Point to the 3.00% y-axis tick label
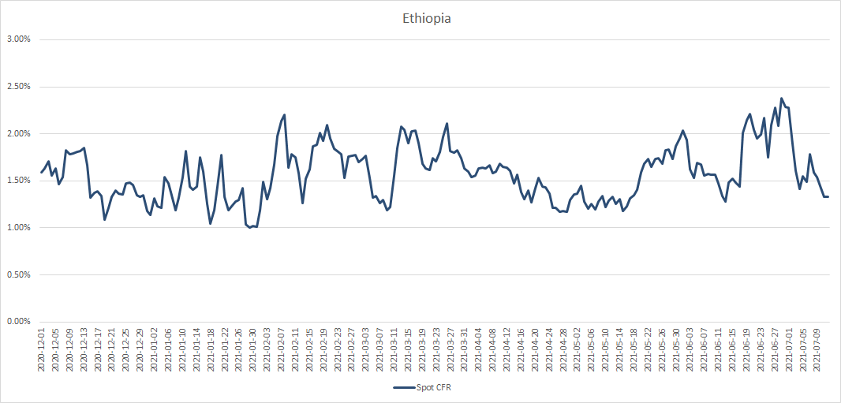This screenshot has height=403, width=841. (x=19, y=39)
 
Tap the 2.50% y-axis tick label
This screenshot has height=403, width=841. (x=19, y=87)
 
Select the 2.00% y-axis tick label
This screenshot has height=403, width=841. (x=19, y=134)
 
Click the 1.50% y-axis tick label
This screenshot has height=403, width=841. (x=19, y=181)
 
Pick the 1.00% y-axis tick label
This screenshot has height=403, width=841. (x=19, y=228)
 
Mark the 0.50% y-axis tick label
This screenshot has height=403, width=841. (x=19, y=275)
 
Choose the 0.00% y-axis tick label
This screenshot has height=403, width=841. (x=19, y=322)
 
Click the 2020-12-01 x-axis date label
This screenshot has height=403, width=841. (x=42, y=351)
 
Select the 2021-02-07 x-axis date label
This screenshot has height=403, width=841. (x=282, y=351)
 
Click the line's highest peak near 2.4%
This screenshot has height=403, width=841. (x=782, y=99)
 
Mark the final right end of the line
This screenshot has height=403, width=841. (x=828, y=196)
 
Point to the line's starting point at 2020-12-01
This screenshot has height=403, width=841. (x=42, y=172)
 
